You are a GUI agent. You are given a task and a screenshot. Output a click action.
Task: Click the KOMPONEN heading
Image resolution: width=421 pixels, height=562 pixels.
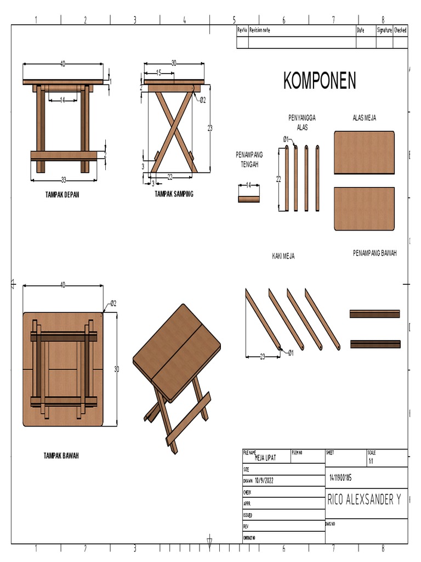tap(320, 81)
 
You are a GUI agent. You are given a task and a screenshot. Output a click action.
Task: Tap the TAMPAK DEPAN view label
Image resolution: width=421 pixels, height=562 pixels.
tap(62, 194)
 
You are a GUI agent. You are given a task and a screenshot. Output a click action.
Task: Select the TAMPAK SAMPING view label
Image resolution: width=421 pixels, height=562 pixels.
tap(174, 194)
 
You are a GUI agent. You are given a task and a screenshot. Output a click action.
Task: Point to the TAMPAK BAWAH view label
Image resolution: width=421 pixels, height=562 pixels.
tap(61, 456)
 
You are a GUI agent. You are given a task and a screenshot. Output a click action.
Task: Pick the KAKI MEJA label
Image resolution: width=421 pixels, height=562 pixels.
tap(283, 256)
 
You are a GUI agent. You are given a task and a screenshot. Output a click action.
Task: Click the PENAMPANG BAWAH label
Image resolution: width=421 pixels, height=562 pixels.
tap(375, 253)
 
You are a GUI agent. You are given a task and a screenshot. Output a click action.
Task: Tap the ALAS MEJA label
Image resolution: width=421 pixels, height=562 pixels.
tap(364, 117)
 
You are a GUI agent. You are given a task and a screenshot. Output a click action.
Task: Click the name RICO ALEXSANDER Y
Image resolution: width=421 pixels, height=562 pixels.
tap(367, 500)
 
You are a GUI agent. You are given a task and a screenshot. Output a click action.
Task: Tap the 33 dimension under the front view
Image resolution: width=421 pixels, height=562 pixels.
tap(63, 179)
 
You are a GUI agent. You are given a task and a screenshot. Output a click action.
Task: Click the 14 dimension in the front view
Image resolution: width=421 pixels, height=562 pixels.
tap(62, 100)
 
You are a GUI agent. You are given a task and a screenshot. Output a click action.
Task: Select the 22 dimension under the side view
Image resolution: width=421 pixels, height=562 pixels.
tap(170, 176)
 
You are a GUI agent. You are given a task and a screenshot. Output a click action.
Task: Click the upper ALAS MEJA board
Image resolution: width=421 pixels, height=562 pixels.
tap(365, 153)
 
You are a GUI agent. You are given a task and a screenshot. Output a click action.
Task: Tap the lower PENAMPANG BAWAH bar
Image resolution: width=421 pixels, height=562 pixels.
tap(375, 344)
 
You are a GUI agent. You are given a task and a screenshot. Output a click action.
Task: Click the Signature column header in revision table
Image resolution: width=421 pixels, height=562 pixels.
tap(384, 31)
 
